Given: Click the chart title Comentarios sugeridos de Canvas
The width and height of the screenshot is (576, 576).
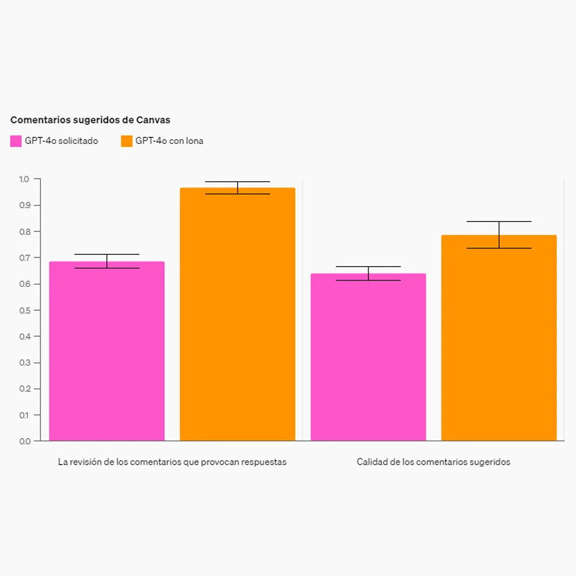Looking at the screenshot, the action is click(91, 120).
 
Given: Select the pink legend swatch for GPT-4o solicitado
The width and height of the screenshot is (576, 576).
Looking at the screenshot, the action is click(16, 141).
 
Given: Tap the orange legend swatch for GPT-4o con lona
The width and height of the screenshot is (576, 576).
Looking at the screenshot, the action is click(127, 141).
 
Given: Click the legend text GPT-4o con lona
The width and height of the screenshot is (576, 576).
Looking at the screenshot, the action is click(169, 141).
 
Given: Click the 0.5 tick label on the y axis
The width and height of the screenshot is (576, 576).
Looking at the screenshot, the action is click(25, 310).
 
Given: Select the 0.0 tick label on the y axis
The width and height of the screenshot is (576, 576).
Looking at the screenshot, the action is click(25, 441).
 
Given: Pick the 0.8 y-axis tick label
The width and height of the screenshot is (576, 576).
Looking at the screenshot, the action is click(25, 232).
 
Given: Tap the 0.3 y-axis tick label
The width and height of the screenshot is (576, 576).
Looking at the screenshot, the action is click(25, 363).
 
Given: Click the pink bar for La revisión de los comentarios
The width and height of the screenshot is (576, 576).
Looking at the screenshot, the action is click(107, 351).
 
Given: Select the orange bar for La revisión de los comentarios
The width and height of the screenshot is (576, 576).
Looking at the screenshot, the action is click(238, 314).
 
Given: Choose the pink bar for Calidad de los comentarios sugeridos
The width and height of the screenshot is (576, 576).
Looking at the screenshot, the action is click(368, 357).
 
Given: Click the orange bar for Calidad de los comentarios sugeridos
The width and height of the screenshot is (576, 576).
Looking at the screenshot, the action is click(499, 338).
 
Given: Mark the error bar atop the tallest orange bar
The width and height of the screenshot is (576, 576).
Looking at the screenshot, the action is click(238, 188).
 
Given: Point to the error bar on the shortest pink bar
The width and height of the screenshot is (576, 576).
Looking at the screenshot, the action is click(368, 273).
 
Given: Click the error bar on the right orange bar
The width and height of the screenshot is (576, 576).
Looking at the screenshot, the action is click(499, 235).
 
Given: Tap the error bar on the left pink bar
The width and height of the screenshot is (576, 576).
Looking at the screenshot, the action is click(107, 261).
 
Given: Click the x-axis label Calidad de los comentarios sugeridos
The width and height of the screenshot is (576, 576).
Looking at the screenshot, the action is click(434, 462).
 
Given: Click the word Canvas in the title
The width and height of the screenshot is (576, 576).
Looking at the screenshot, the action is click(153, 120).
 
